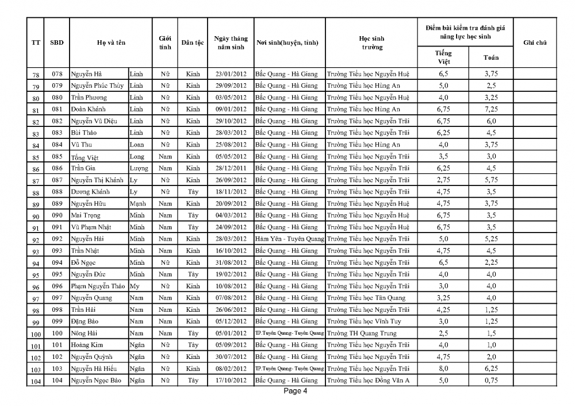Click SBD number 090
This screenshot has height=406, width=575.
click(x=56, y=215)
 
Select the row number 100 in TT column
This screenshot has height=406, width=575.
click(x=36, y=334)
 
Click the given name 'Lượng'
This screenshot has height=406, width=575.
click(x=139, y=168)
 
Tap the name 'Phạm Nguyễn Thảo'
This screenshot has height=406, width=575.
click(x=98, y=286)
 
